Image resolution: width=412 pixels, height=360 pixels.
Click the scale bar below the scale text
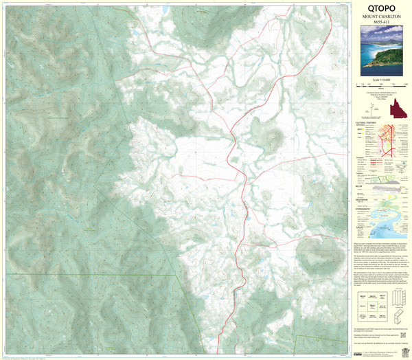[381, 86]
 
